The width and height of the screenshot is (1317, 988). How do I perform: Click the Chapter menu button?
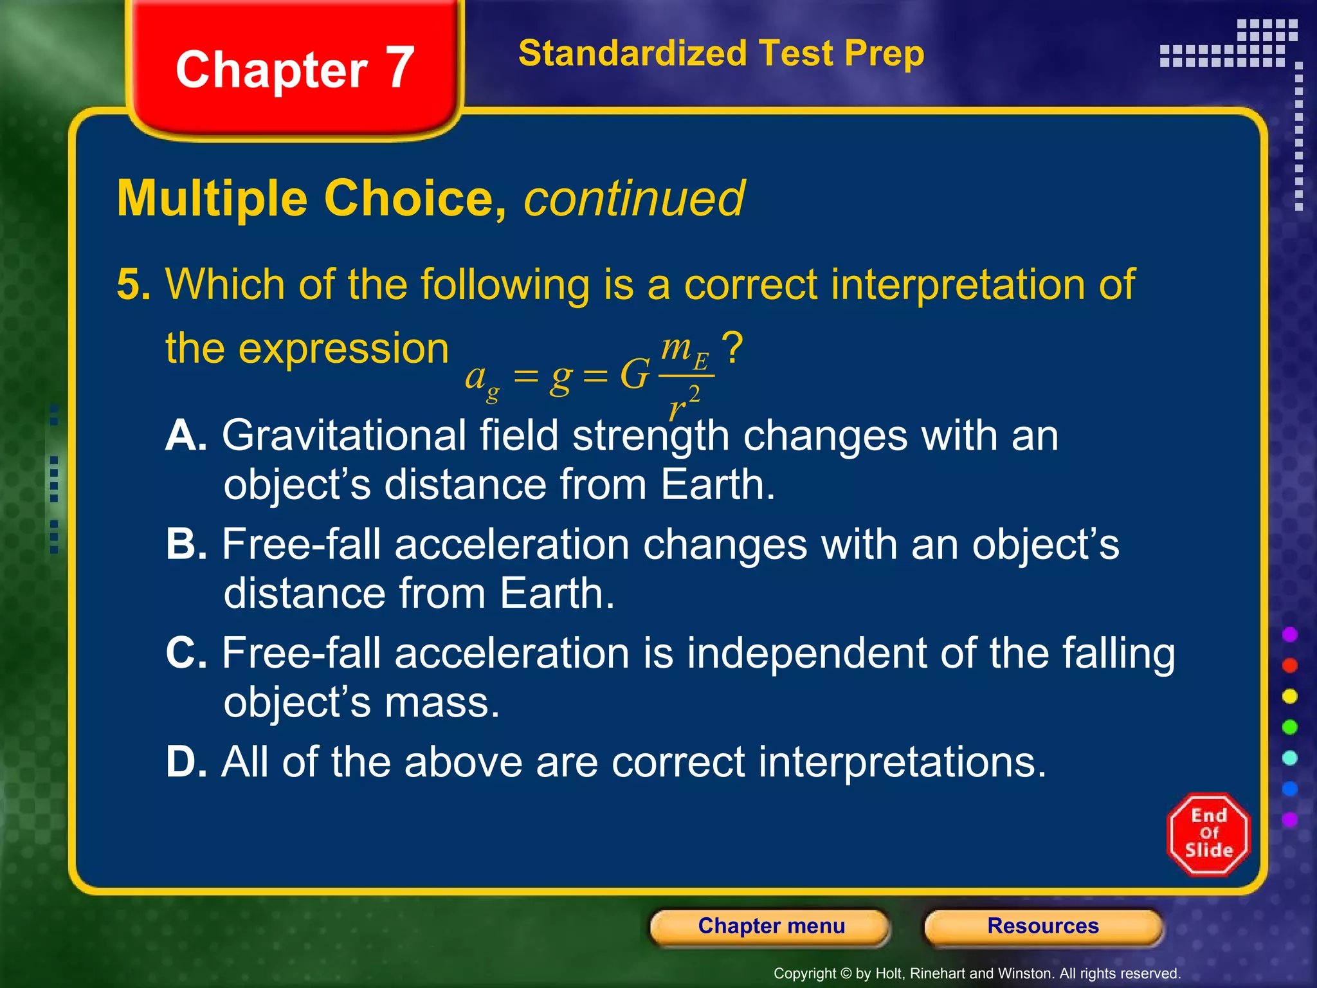click(x=770, y=926)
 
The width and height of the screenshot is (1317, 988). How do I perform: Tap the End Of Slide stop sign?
click(x=1208, y=834)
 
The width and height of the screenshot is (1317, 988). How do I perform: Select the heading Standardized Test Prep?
click(x=721, y=53)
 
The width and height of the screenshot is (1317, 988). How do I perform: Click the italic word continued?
click(x=633, y=198)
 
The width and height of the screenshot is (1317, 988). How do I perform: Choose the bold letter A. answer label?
click(x=186, y=435)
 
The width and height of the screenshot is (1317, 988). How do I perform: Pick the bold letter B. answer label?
click(x=186, y=544)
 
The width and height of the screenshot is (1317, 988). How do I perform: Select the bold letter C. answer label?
click(x=186, y=653)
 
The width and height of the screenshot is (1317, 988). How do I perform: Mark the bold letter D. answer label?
click(x=186, y=762)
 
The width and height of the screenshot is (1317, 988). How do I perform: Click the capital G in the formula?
click(x=635, y=374)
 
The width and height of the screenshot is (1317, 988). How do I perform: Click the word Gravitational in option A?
click(x=344, y=435)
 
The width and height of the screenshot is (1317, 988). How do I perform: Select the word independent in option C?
click(x=806, y=653)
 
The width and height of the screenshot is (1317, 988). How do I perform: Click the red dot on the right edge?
click(x=1289, y=665)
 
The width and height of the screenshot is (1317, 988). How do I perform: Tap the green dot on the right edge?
click(x=1289, y=727)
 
